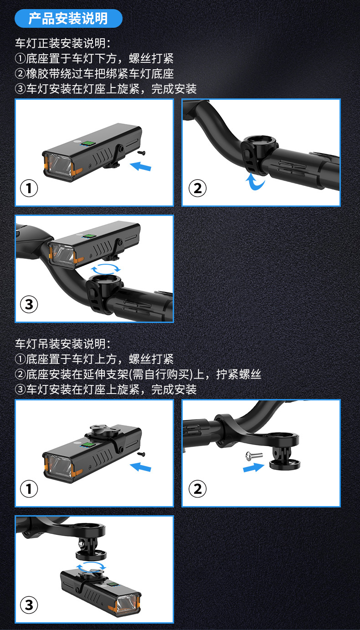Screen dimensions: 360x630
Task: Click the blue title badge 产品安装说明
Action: (69, 19)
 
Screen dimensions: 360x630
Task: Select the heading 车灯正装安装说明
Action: (63, 43)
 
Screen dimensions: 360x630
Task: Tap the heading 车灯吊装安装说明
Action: (63, 343)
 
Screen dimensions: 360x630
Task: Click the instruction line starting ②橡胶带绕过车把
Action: (94, 74)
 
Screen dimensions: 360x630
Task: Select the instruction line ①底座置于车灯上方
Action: (94, 359)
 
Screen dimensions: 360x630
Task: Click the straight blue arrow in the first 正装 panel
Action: (141, 166)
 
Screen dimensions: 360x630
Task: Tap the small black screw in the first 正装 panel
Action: (141, 153)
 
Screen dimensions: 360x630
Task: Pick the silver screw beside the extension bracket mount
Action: (254, 455)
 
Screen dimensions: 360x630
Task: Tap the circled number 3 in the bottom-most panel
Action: (29, 605)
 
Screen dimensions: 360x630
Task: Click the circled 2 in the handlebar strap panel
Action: (197, 188)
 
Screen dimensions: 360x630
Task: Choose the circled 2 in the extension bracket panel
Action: (197, 488)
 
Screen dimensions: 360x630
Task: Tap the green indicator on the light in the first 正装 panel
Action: (87, 143)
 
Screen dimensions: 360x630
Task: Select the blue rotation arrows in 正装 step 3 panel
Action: (106, 269)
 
